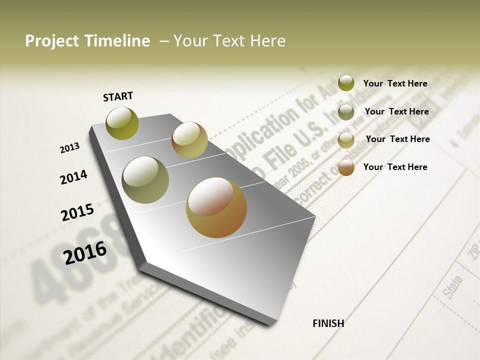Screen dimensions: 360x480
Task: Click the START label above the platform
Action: [x=118, y=96]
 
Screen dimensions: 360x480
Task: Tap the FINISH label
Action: [x=328, y=323]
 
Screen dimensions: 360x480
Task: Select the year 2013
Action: [x=69, y=148]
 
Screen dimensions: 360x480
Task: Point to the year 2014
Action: [x=73, y=177]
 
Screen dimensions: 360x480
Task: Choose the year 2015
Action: [x=77, y=212]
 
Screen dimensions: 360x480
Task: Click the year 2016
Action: [x=85, y=252]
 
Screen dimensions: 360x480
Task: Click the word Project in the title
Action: [x=52, y=41]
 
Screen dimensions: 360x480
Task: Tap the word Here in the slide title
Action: [x=268, y=41]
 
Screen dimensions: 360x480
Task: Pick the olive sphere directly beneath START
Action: [x=122, y=123]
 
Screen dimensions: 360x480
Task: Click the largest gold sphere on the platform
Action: [x=216, y=207]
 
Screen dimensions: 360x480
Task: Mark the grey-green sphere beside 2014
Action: [x=145, y=180]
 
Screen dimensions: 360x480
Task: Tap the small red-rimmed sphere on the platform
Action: [x=189, y=140]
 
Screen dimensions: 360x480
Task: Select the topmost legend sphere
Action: [x=346, y=83]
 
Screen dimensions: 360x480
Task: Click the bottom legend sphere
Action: [x=346, y=167]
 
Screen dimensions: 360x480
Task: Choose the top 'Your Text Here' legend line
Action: [x=395, y=83]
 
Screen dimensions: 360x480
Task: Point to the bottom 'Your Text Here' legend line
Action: [x=395, y=167]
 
